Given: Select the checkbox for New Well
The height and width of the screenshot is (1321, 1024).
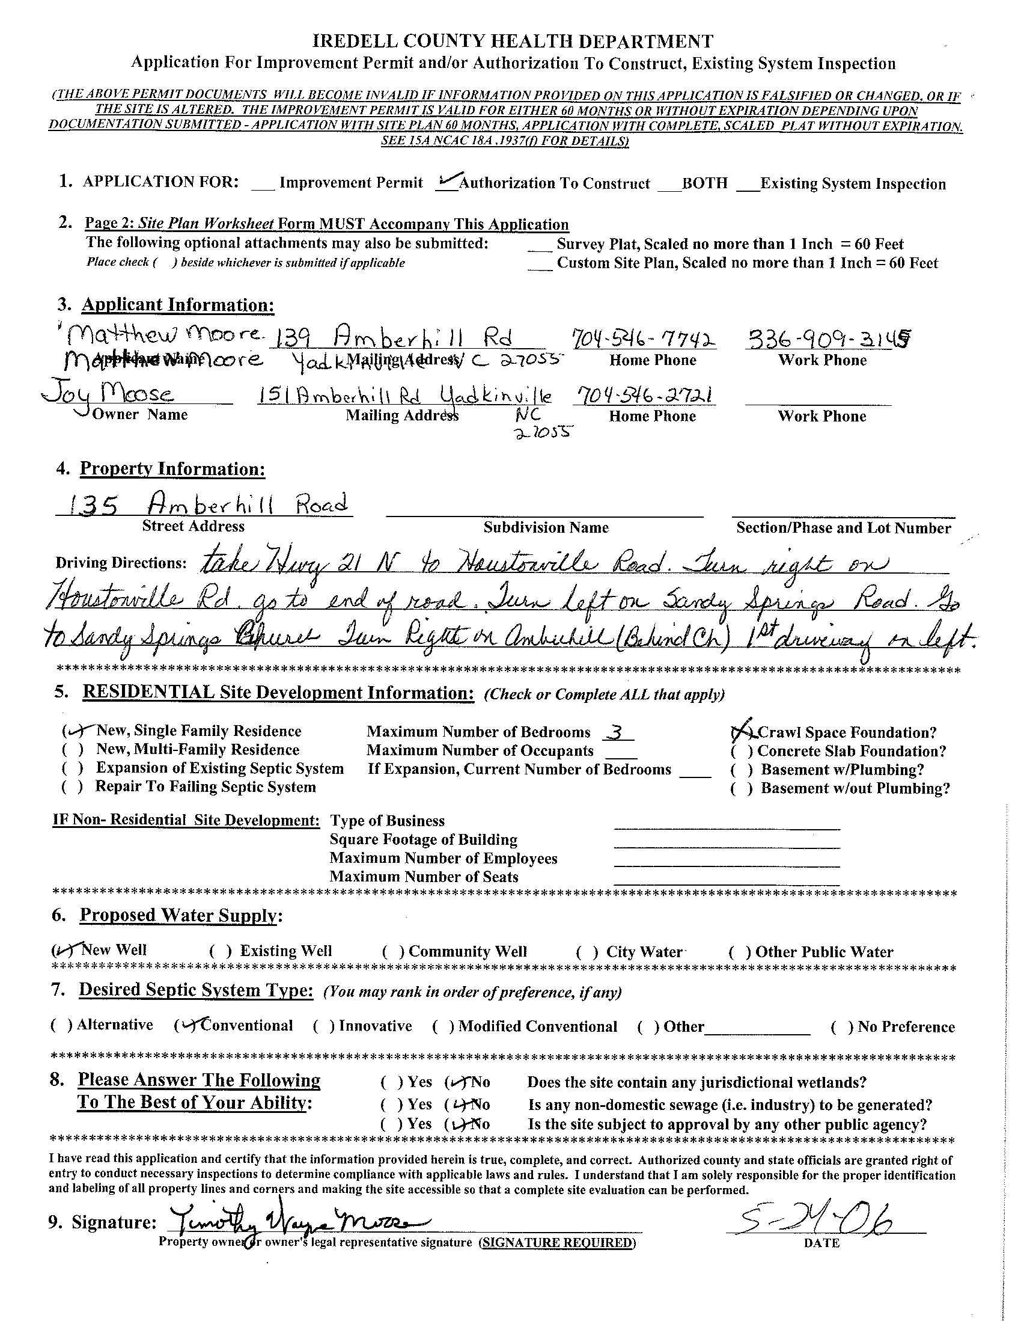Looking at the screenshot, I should [x=61, y=951].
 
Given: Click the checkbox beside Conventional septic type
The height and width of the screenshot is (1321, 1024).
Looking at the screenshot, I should [x=185, y=1025].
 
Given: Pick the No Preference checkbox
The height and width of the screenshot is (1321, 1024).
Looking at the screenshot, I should [x=841, y=1027].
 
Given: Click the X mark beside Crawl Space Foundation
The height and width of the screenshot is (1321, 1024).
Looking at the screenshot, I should [x=741, y=732].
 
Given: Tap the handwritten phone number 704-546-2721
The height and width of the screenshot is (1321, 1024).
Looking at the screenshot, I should [x=644, y=395].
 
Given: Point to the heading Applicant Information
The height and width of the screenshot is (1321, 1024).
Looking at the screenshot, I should [x=178, y=305].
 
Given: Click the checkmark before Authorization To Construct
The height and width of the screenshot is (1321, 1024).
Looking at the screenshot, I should [x=446, y=181].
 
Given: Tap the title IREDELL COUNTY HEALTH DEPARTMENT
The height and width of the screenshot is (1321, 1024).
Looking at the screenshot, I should [x=513, y=41].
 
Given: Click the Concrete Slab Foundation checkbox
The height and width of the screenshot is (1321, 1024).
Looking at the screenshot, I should [x=741, y=752].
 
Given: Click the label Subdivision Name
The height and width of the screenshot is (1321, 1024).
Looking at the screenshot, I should [x=545, y=527].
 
